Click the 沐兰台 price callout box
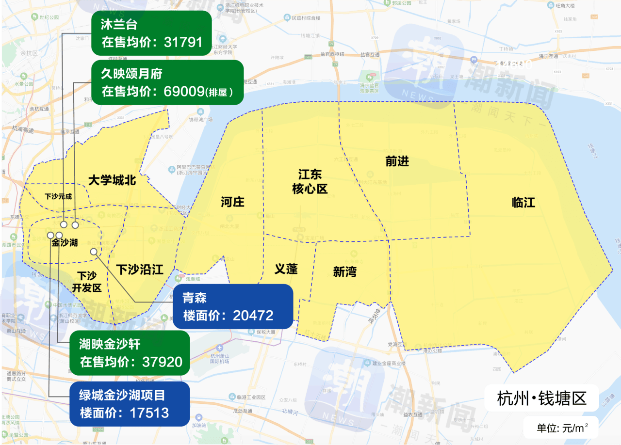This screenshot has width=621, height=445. [x=151, y=33]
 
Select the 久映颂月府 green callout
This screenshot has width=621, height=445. [x=167, y=82]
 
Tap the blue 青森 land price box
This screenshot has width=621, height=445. [x=232, y=307]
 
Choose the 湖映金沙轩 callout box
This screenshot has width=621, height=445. [x=129, y=353]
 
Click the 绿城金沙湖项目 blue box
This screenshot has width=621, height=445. [x=129, y=404]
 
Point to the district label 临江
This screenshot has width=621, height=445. [x=523, y=203]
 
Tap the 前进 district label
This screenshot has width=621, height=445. [x=397, y=162]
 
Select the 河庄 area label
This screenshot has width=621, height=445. [x=233, y=202]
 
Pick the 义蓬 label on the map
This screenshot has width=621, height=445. [x=286, y=269]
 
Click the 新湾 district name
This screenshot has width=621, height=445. [x=344, y=272]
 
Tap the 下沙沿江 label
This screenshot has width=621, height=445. [x=139, y=270]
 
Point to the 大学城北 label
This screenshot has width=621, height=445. [x=112, y=181]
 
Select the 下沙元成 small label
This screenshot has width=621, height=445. [x=58, y=197]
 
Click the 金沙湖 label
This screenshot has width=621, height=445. [x=65, y=243]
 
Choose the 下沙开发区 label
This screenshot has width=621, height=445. [x=87, y=282]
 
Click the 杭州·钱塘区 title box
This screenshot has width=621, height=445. [x=542, y=398]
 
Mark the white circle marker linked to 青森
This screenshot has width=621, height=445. [x=94, y=252]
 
